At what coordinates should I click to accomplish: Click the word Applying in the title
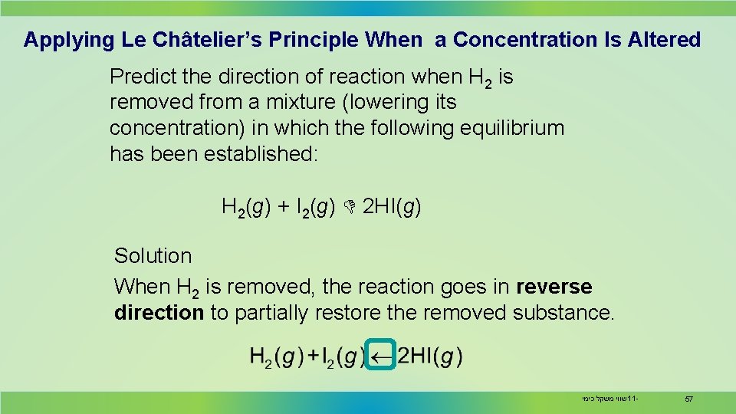(x=68, y=40)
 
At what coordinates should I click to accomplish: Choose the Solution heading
(x=153, y=256)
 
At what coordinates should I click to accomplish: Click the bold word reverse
(x=554, y=287)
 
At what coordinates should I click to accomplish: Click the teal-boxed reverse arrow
(x=381, y=356)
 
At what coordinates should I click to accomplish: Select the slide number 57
(x=688, y=399)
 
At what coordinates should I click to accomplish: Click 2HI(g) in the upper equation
(x=391, y=207)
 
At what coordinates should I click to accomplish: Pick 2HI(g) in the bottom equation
(x=430, y=356)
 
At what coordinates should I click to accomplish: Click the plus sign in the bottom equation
(x=314, y=356)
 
